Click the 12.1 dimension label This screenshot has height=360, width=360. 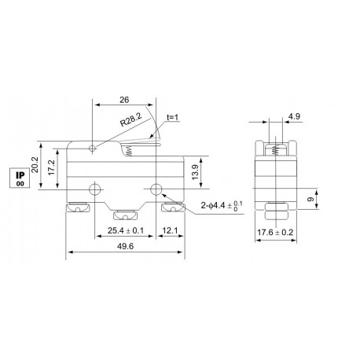(x=171, y=232)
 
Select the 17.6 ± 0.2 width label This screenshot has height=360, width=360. (x=276, y=233)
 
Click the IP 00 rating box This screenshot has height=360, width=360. (x=19, y=178)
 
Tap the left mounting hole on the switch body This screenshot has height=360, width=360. (x=94, y=189)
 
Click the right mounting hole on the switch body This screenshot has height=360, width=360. (x=156, y=189)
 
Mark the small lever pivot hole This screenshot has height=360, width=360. (x=94, y=147)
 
